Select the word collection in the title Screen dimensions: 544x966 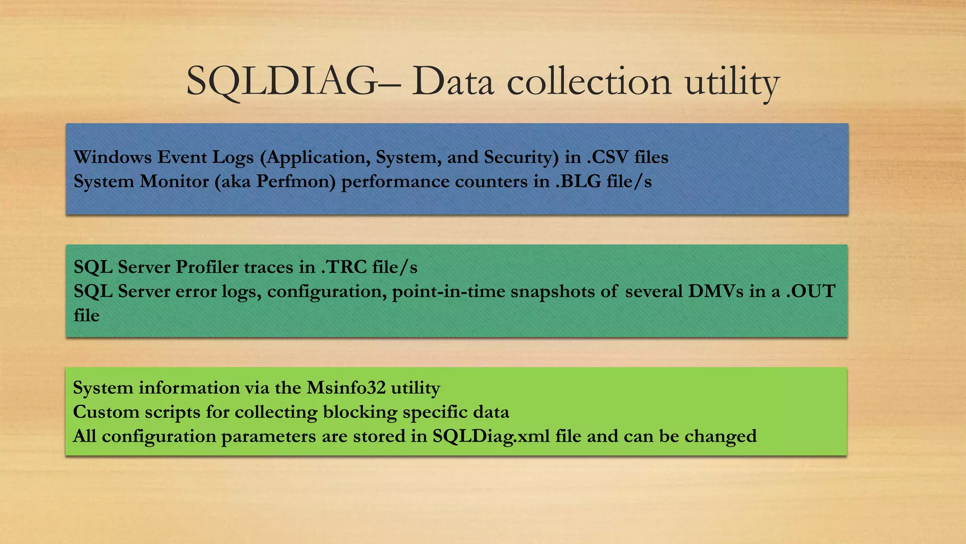(x=589, y=81)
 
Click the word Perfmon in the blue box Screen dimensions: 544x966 (x=296, y=182)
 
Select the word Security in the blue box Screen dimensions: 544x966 (x=521, y=158)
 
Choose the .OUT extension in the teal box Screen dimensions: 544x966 (x=811, y=291)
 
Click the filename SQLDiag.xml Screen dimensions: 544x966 (x=491, y=436)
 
